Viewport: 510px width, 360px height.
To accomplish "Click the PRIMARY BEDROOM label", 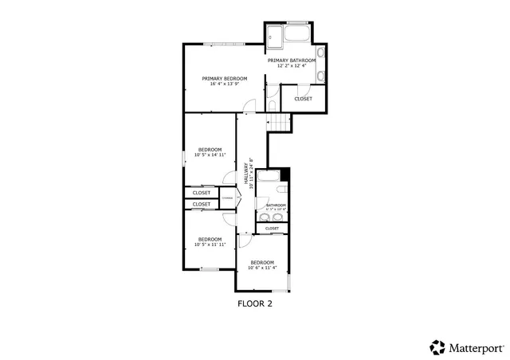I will pos(224,78).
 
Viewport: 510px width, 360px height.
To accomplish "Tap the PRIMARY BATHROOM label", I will pos(292,61).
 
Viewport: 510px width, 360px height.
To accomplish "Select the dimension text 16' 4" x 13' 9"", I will pos(224,84).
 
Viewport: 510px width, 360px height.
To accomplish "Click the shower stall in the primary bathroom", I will pos(274,35).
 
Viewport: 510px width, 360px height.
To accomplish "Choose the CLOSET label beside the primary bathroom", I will pos(303,99).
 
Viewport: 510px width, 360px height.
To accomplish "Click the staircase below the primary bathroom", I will pos(278,122).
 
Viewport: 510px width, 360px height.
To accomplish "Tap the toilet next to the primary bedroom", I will pos(272,104).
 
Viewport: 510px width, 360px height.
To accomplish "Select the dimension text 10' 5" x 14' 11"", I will pos(210,155).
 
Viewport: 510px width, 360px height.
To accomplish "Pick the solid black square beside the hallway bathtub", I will pos(286,174).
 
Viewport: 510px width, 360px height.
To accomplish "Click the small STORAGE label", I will pos(226,197).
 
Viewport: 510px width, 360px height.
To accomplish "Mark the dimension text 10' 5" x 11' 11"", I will pos(210,245).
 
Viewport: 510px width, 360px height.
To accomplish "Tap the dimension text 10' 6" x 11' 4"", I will pos(262,268).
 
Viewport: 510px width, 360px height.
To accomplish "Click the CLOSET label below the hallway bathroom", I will pos(272,229).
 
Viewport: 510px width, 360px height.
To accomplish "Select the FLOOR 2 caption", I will pos(255,303).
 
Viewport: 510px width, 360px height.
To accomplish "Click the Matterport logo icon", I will pos(437,346).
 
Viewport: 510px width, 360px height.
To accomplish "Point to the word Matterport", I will pos(475,347).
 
